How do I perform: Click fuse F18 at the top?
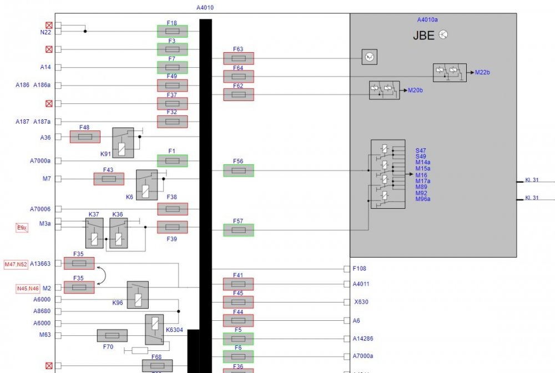pyautogui.click(x=172, y=32)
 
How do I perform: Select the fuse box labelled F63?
pyautogui.click(x=238, y=58)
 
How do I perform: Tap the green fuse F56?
pyautogui.click(x=238, y=170)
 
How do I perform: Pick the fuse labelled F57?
pyautogui.click(x=238, y=230)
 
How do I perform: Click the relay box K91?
pyautogui.click(x=123, y=142)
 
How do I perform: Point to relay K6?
pyautogui.click(x=147, y=184)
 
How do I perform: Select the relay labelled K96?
pyautogui.click(x=138, y=295)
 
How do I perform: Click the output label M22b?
pyautogui.click(x=483, y=72)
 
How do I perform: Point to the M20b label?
pyautogui.click(x=415, y=90)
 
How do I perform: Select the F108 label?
pyautogui.click(x=360, y=269)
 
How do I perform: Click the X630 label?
pyautogui.click(x=361, y=303)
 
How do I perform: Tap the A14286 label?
pyautogui.click(x=364, y=339)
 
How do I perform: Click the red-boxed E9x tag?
pyautogui.click(x=22, y=228)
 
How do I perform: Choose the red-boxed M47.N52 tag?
pyautogui.click(x=16, y=264)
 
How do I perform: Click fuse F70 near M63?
pyautogui.click(x=112, y=336)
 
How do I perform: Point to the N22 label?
pyautogui.click(x=46, y=32)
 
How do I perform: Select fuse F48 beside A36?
pyautogui.click(x=85, y=137)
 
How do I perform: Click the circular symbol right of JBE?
pyautogui.click(x=443, y=34)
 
